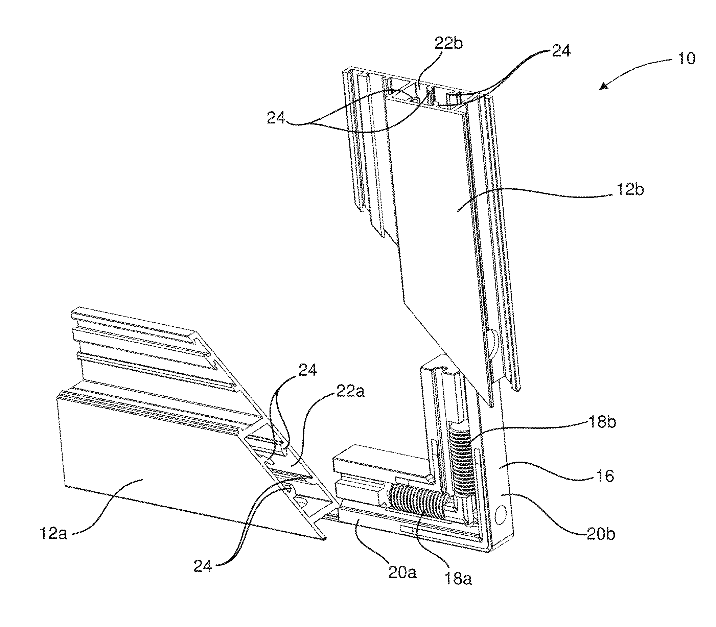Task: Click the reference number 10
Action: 687,59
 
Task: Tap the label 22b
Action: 448,44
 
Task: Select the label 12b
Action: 630,190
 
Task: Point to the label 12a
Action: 53,534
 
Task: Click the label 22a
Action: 350,391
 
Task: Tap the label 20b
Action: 601,534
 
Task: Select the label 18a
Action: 457,579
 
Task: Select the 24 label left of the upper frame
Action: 276,118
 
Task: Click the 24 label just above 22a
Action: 307,370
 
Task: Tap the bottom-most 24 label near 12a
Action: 203,565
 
